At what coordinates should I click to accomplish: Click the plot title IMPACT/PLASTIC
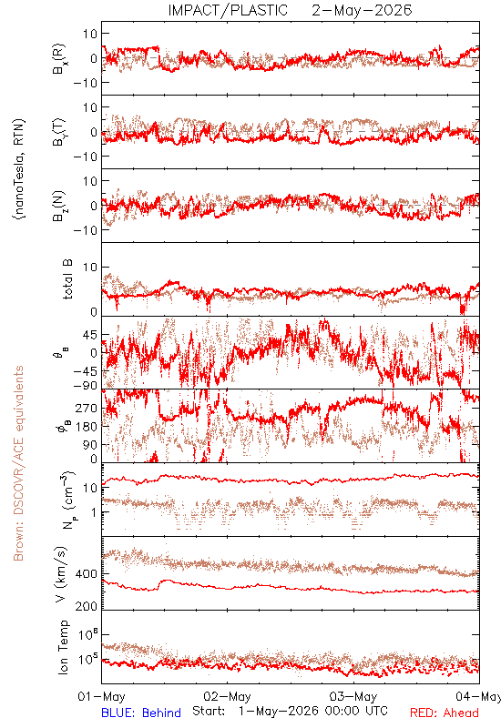[228, 10]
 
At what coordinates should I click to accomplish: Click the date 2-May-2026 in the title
[362, 10]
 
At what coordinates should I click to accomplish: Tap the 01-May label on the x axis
[101, 696]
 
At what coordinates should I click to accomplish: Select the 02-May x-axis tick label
[227, 696]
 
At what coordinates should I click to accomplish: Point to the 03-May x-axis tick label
[353, 696]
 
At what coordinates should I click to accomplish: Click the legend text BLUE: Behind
[141, 713]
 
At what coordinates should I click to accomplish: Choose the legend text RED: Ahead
[445, 713]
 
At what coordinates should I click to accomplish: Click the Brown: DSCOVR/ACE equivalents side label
[18, 463]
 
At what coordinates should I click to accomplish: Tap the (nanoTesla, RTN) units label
[19, 169]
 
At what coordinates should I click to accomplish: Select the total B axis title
[67, 279]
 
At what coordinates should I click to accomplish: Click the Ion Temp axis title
[63, 647]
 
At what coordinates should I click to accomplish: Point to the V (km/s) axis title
[61, 574]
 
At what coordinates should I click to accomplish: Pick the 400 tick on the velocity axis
[86, 574]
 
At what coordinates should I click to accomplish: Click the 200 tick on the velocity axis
[86, 606]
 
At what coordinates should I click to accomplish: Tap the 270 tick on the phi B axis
[87, 408]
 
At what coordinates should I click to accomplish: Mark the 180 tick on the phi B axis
[87, 426]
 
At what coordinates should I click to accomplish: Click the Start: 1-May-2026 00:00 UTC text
[290, 712]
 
